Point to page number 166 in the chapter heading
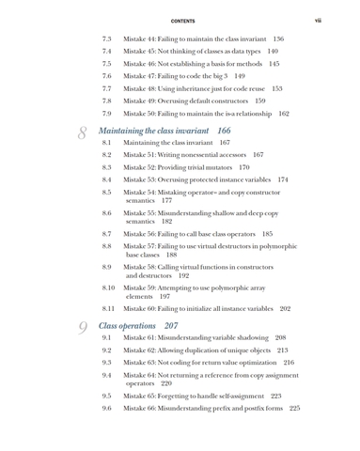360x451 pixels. pyautogui.click(x=224, y=130)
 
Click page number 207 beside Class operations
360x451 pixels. pyautogui.click(x=171, y=325)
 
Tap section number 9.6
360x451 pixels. pyautogui.click(x=106, y=409)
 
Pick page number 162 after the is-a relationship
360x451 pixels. pyautogui.click(x=284, y=112)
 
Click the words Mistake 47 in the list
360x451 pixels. pyautogui.click(x=142, y=75)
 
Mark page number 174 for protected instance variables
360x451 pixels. pyautogui.click(x=283, y=179)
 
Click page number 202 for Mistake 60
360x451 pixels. pyautogui.click(x=285, y=308)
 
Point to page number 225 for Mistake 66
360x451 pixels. pyautogui.click(x=294, y=409)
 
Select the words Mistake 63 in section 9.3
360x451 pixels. pyautogui.click(x=142, y=362)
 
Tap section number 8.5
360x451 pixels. pyautogui.click(x=106, y=192)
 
